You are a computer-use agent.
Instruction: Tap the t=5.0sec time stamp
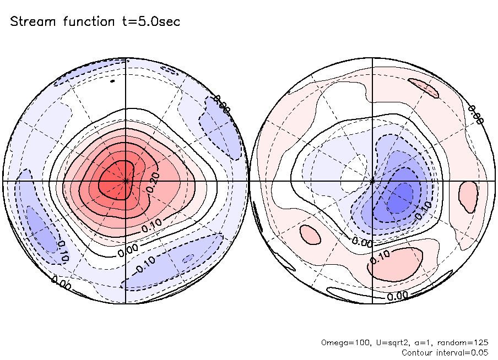pos(153,22)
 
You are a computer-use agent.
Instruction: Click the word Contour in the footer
pos(418,352)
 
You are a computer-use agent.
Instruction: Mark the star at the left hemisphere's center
pos(126,181)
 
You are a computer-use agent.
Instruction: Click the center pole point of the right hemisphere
pos(373,181)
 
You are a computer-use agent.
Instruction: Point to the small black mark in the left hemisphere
pos(112,81)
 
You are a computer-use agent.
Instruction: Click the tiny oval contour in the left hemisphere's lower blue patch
pos(188,257)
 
